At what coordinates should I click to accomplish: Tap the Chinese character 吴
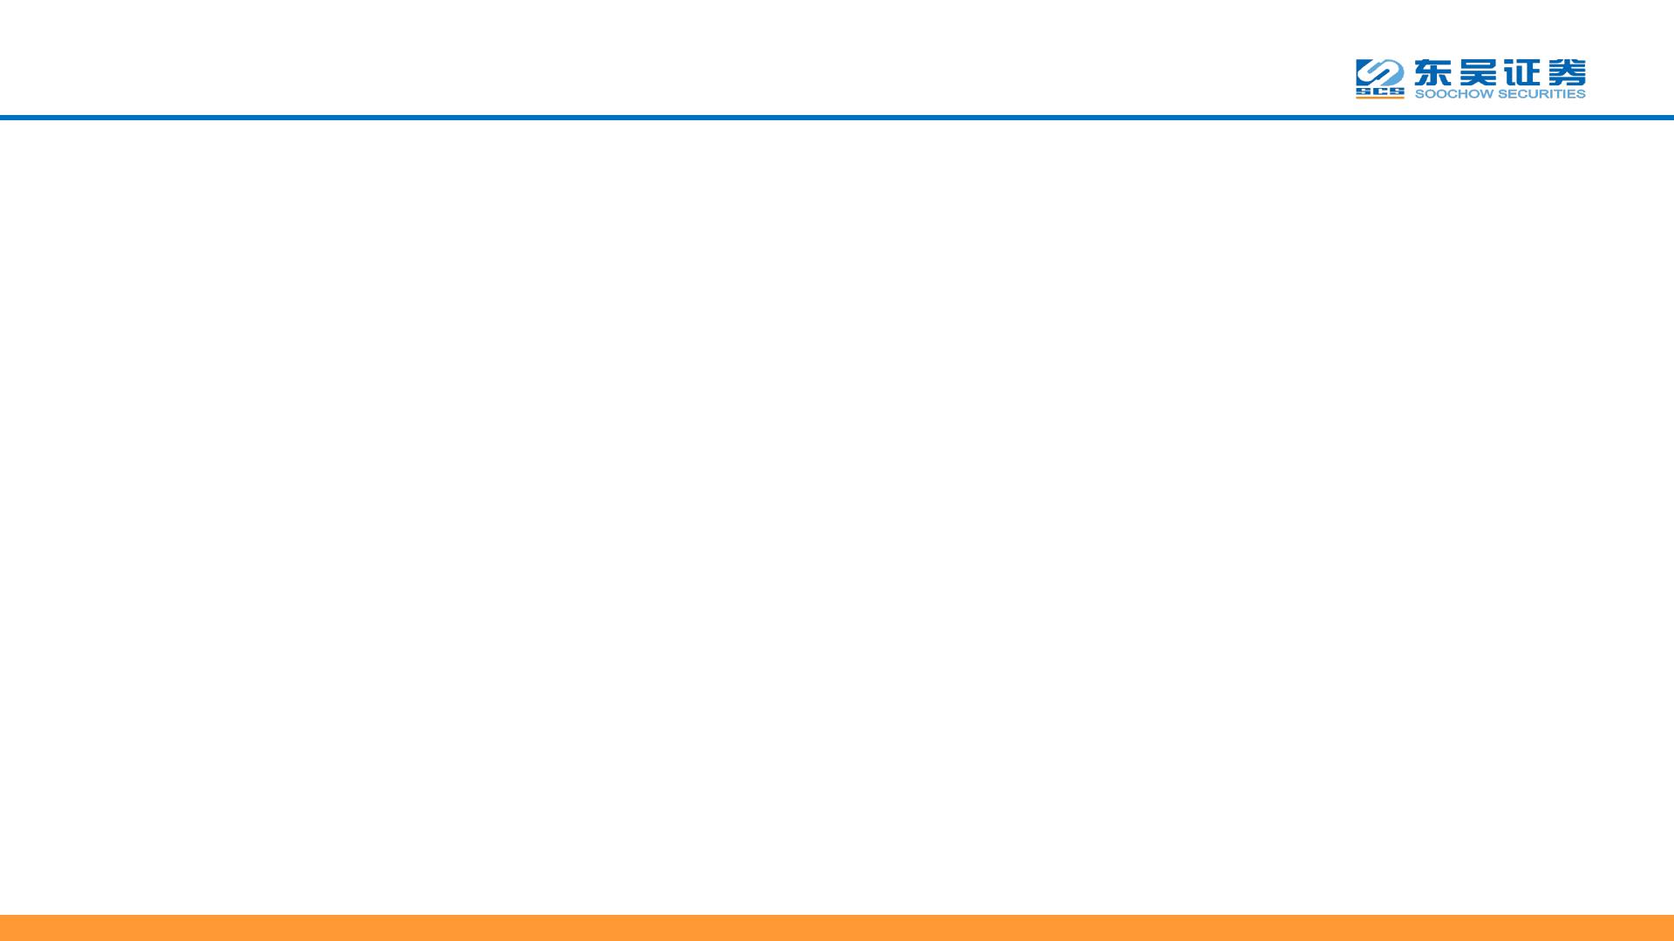pyautogui.click(x=1479, y=71)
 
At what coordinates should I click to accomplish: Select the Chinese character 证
pyautogui.click(x=1521, y=71)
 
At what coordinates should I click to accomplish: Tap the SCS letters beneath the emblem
pyautogui.click(x=1379, y=91)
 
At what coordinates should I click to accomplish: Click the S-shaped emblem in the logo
pyautogui.click(x=1379, y=72)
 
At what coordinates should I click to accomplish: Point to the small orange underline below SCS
pyautogui.click(x=1379, y=98)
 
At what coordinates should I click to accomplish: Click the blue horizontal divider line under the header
pyautogui.click(x=837, y=117)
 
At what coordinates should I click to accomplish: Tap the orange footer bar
pyautogui.click(x=837, y=927)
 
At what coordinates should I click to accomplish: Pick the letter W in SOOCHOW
pyautogui.click(x=1484, y=94)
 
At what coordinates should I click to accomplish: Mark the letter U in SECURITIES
pyautogui.click(x=1530, y=94)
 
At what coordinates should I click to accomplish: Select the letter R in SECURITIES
pyautogui.click(x=1541, y=94)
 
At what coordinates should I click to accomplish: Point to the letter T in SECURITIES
pyautogui.click(x=1556, y=94)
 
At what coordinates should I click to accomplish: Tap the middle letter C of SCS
pyautogui.click(x=1379, y=91)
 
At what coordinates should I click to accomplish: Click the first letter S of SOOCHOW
pyautogui.click(x=1419, y=94)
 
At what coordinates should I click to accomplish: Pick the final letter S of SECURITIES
pyautogui.click(x=1581, y=94)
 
